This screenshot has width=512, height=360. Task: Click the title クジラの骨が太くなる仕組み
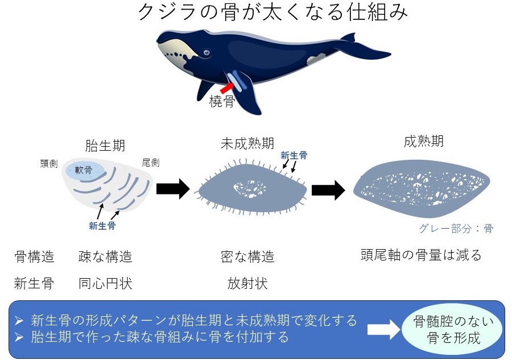[273, 12]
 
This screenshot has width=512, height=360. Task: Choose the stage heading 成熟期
[424, 142]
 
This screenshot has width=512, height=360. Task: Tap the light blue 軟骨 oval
[85, 169]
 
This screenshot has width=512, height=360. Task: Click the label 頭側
[49, 163]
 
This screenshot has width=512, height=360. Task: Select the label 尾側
[151, 163]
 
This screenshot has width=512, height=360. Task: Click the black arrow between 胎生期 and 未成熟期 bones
[172, 189]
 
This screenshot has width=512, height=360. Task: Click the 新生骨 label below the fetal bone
[102, 226]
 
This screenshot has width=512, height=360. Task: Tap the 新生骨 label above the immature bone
[294, 155]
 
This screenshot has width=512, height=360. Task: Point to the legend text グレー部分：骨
[456, 229]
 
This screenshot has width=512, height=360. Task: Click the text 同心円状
[105, 283]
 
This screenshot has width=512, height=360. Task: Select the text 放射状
[247, 283]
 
